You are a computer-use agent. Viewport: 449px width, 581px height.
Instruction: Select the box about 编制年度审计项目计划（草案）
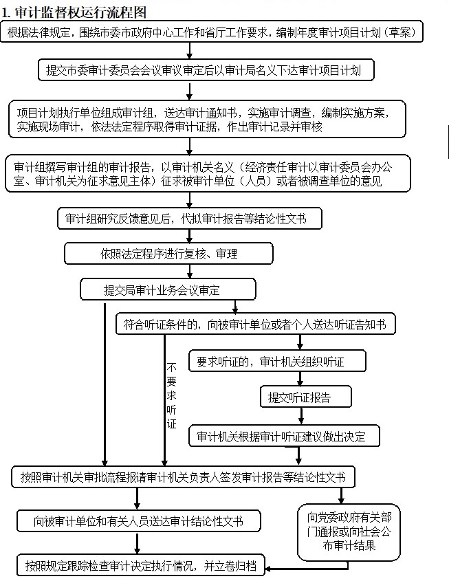tap(212, 32)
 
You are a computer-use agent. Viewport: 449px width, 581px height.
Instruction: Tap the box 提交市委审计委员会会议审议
tap(206, 70)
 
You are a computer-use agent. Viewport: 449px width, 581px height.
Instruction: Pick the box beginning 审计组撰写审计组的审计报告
tap(208, 173)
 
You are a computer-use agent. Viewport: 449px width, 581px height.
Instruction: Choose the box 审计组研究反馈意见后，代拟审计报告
tap(189, 219)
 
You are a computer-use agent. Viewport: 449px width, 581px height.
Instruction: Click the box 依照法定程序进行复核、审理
tap(168, 254)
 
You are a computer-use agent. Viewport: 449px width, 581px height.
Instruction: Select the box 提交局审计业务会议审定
tap(168, 289)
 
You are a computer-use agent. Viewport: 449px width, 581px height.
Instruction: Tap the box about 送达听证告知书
tap(256, 325)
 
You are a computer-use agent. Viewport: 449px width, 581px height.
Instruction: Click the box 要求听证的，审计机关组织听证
tap(277, 361)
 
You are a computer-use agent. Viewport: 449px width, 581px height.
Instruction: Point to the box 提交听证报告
tap(305, 397)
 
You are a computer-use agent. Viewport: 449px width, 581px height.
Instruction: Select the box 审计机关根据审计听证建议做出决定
tap(284, 436)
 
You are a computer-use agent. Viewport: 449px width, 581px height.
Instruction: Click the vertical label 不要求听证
tap(171, 395)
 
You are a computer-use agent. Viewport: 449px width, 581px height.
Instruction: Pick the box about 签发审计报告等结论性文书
tap(184, 477)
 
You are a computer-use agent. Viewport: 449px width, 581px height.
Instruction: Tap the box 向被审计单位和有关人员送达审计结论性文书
tap(139, 521)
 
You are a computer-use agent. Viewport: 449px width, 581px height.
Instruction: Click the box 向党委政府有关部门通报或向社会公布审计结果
tap(349, 531)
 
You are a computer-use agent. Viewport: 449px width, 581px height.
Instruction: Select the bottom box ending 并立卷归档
tap(141, 565)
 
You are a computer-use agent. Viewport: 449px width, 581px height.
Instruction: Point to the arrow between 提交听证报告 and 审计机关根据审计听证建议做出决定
tap(300, 416)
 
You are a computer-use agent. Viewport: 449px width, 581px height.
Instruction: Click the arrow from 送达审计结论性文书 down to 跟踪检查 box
tap(137, 543)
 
